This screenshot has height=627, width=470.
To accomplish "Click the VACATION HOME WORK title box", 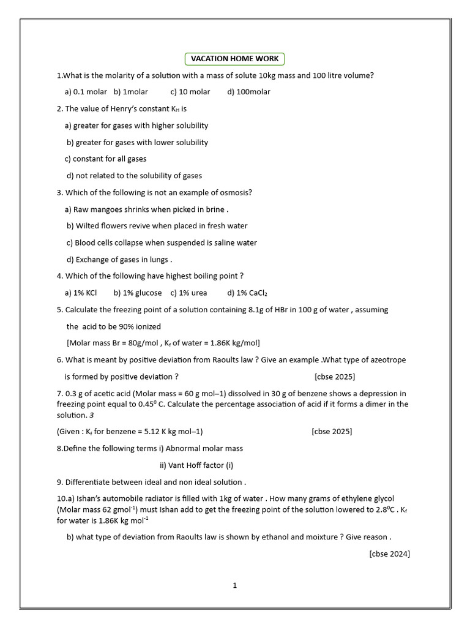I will [235, 59].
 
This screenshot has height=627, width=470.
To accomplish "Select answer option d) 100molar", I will [248, 92].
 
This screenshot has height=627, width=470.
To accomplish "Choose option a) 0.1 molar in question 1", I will [86, 92].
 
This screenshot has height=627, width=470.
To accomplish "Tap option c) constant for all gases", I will [106, 159].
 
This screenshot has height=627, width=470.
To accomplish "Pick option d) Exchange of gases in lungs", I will [119, 260].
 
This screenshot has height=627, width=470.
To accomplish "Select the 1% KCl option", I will [81, 293].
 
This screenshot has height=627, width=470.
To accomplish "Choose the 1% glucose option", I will [138, 293].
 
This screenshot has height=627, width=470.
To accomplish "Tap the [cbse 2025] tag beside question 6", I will [334, 377].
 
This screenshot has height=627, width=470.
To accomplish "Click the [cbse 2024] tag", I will [389, 554].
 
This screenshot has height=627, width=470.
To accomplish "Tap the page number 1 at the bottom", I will [234, 585].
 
